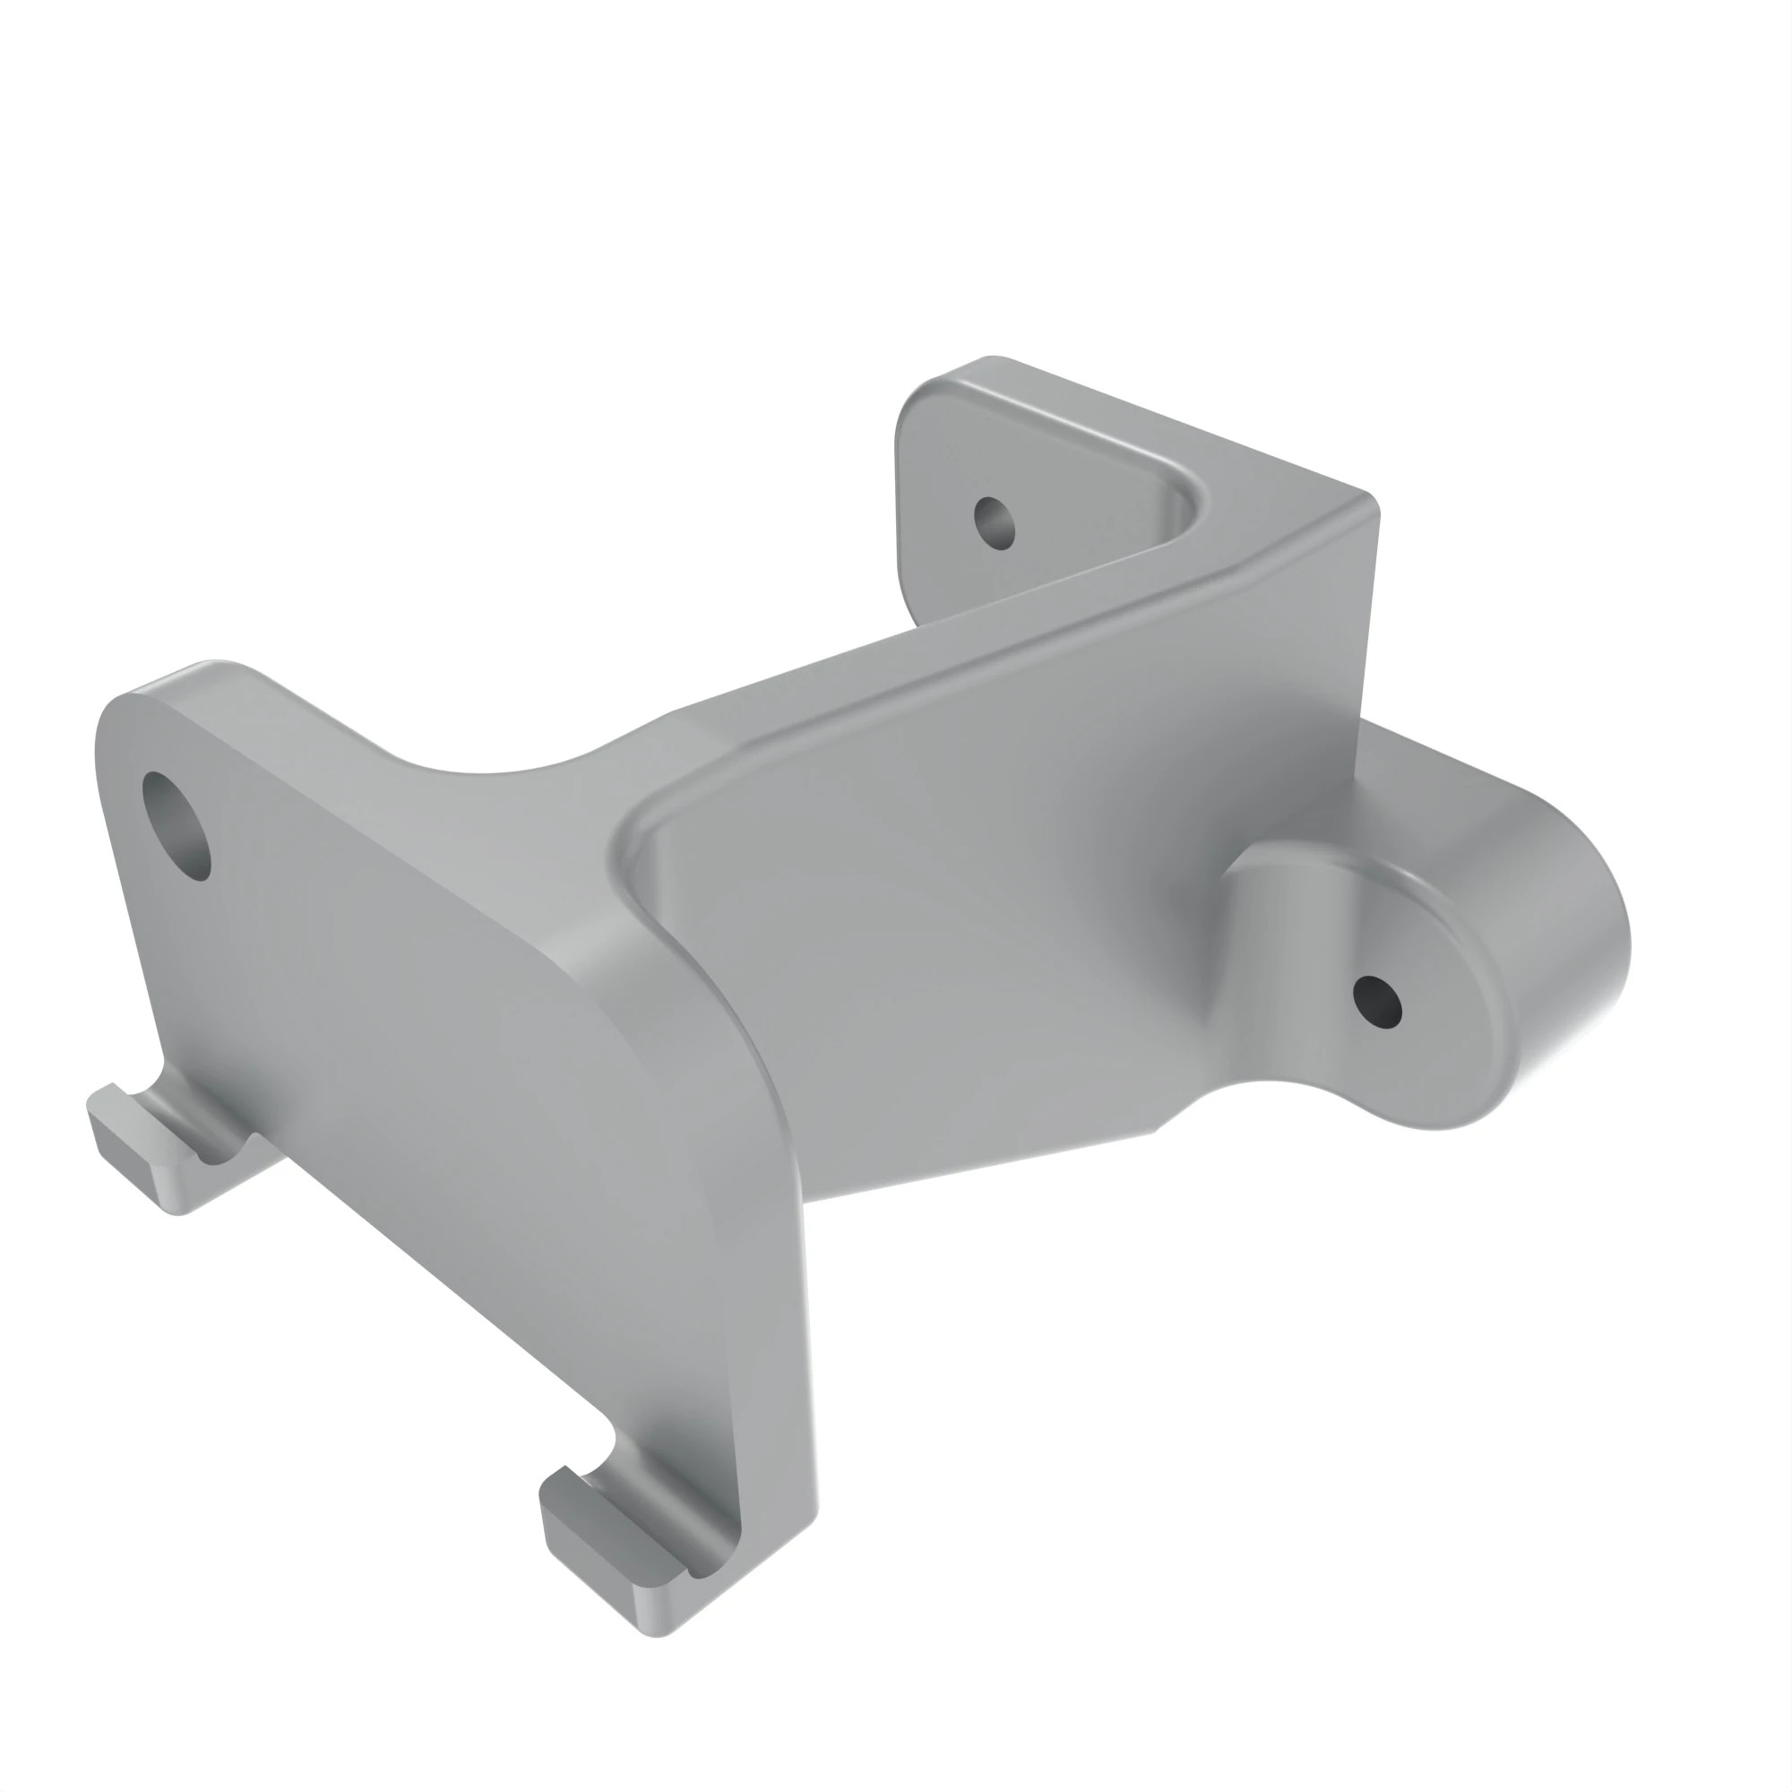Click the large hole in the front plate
click(x=177, y=824)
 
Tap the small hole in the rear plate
click(x=995, y=523)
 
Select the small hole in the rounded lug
click(x=1377, y=1002)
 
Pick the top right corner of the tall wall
click(x=1371, y=505)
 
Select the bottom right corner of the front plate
click(x=788, y=1521)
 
